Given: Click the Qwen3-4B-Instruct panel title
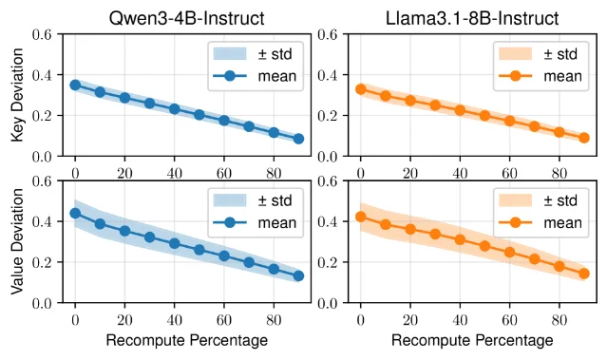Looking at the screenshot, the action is pos(186,18).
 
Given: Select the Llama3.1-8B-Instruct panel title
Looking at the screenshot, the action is pos(472,18).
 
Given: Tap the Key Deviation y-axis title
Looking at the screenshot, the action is pos(17,95).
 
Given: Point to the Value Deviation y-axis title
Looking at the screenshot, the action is pos(17,241).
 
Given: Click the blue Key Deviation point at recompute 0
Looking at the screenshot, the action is pos(75,85).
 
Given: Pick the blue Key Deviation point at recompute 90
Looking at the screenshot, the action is pos(298,139).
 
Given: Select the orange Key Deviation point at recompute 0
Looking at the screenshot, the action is pos(361,89).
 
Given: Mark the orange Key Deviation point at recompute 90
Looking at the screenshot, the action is pos(584,138).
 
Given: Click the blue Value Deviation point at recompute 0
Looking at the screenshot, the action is pos(75,214).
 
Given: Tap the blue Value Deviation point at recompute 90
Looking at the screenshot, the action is pos(298,276).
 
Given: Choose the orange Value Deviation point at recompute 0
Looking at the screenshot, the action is pos(361,217).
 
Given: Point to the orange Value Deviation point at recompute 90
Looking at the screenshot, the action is pos(584,274).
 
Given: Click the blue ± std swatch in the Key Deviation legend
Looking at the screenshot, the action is pos(230,54).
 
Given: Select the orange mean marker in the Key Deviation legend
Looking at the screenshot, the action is pos(515,76).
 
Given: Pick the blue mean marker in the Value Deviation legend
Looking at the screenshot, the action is pos(230,222).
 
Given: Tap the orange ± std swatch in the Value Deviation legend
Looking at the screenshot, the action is pos(515,200).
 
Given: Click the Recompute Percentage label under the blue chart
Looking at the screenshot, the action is pos(186,341).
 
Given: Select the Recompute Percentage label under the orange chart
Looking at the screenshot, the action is pos(472,341).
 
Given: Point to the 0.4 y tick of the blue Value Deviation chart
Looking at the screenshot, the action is pos(42,221).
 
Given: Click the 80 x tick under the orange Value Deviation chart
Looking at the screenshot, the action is pos(560,320).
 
